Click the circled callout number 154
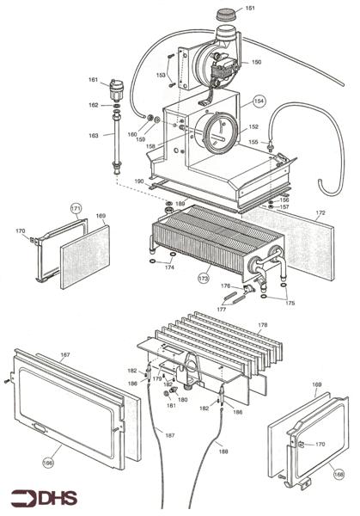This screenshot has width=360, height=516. [x=259, y=101]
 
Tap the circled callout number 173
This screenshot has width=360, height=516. [x=204, y=279]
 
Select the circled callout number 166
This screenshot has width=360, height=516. [x=48, y=463]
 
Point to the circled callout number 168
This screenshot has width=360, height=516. [x=339, y=474]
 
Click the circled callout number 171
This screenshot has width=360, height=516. [x=76, y=208]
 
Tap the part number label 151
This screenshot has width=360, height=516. [x=250, y=8]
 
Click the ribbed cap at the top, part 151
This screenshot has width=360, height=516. [x=227, y=15]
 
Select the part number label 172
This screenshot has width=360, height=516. [x=320, y=212]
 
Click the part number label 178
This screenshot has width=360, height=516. [x=263, y=325]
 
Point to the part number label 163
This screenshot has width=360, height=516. [x=94, y=135]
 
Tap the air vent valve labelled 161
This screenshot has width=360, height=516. [x=115, y=89]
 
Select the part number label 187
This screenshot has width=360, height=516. [x=169, y=435]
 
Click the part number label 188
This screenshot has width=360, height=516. [x=223, y=451]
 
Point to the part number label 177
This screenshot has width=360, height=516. [x=222, y=310]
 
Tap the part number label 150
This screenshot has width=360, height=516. [x=256, y=62]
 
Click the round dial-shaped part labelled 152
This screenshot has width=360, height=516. [x=218, y=132]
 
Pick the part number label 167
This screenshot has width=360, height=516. [x=65, y=354]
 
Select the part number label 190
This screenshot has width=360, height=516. [x=139, y=181]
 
